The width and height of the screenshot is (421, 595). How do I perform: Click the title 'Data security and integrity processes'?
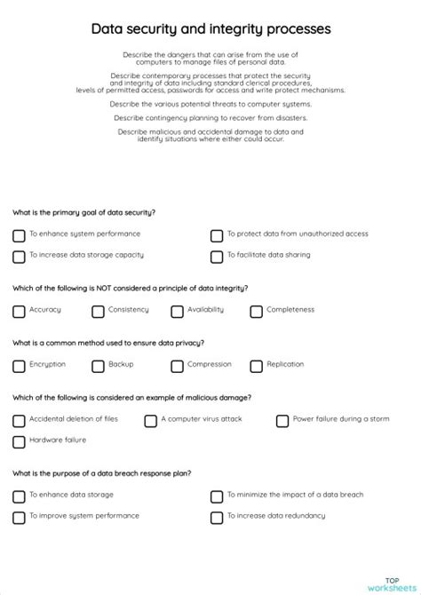(210, 29)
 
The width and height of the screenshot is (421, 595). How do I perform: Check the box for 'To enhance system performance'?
(19, 235)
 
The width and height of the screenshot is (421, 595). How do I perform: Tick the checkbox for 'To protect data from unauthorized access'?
(217, 235)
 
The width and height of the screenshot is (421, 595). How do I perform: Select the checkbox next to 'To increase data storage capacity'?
(19, 257)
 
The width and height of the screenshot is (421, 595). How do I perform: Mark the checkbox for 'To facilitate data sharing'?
(217, 257)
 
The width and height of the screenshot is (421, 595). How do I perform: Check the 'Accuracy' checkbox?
(19, 312)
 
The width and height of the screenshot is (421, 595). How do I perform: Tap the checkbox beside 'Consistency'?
(98, 312)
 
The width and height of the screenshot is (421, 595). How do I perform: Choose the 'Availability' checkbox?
(177, 312)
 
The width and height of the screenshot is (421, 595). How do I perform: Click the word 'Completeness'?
(290, 310)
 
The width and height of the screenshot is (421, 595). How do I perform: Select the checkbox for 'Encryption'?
(19, 366)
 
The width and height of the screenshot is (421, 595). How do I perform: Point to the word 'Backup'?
(121, 364)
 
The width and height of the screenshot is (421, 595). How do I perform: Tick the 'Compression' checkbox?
(177, 366)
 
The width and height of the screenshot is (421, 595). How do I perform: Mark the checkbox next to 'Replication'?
(256, 366)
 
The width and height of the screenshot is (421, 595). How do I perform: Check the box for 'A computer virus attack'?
(150, 421)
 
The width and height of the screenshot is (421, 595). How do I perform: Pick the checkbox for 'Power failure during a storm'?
(282, 421)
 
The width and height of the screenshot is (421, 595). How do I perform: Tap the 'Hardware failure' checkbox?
(19, 441)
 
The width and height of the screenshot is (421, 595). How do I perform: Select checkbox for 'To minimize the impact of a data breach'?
(217, 496)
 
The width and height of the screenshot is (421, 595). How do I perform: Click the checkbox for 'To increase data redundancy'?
(217, 518)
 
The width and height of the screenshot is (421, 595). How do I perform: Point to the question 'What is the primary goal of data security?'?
(84, 213)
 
